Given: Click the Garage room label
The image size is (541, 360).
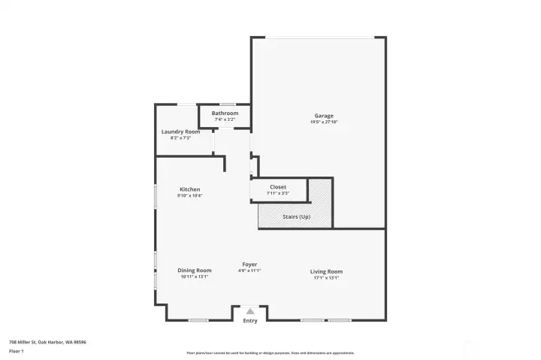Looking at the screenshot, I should click(324, 116).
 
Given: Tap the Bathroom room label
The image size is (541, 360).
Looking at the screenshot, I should click(225, 113).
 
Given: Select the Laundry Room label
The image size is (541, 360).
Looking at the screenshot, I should click(180, 132).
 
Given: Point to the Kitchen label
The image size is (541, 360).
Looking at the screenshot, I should click(189, 189).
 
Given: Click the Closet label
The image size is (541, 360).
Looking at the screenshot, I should click(278, 187).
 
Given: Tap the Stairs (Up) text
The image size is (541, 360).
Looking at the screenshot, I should click(295, 217).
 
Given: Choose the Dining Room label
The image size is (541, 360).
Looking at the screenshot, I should click(194, 271).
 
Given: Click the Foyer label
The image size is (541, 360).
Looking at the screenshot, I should click(249, 265).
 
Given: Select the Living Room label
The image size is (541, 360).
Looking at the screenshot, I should click(326, 271).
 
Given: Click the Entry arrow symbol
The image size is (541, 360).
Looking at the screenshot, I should click(250, 310).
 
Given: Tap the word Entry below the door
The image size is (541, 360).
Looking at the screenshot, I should click(250, 321).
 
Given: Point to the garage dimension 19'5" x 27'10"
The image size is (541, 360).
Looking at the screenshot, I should click(324, 122).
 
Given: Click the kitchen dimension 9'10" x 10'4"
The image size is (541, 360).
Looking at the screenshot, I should click(189, 195).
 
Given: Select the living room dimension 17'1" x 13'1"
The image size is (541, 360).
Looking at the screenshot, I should click(326, 277).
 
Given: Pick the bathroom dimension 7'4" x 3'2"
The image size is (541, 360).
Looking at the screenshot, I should click(225, 119).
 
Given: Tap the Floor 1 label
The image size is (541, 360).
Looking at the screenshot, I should click(17, 351).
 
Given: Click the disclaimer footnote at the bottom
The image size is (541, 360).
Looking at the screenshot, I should click(270, 352).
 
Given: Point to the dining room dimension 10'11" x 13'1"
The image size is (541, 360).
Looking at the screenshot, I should click(194, 277).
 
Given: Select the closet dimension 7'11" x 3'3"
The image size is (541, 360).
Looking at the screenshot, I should click(278, 193).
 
